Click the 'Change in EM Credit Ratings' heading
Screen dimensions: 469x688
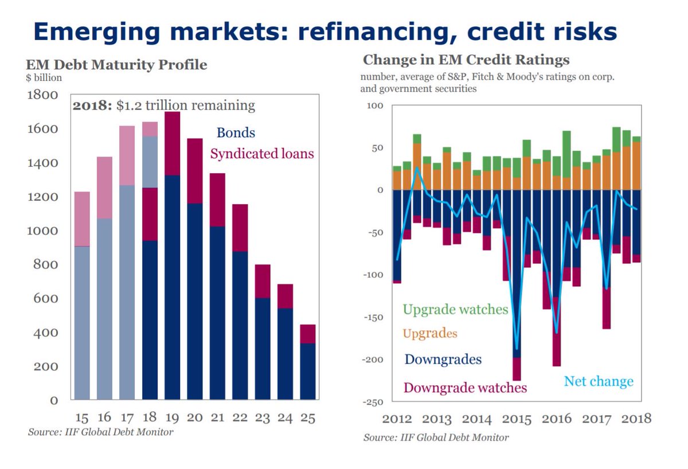coord(466,60)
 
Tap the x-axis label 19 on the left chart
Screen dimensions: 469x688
coord(172,417)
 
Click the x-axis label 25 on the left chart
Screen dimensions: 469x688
coord(308,417)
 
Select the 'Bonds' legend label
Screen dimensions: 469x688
coord(236,133)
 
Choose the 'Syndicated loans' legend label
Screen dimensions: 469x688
coord(262,154)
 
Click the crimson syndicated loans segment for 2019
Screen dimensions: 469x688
coord(172,143)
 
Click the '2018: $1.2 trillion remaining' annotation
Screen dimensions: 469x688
coord(163,105)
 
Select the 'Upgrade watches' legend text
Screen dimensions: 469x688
coord(455,310)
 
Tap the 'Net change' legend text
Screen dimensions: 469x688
coord(599,381)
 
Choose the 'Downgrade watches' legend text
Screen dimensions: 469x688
coord(465,388)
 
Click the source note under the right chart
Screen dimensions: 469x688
coord(436,437)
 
